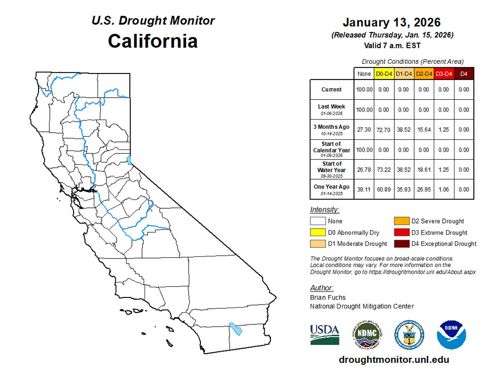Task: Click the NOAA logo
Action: point(451,334)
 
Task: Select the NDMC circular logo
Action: point(367,334)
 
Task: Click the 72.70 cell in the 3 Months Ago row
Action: point(384,130)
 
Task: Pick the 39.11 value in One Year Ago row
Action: point(364,190)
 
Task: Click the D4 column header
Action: point(463,74)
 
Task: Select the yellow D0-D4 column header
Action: point(384,74)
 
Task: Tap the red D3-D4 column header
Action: point(443,74)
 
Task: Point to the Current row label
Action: point(331,90)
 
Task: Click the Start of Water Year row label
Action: point(331,170)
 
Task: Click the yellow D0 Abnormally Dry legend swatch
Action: point(318,233)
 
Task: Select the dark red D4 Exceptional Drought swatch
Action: point(402,244)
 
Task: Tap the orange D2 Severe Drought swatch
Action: point(402,221)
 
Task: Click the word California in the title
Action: point(153,41)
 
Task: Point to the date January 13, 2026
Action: point(392,23)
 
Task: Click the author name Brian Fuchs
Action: point(327,297)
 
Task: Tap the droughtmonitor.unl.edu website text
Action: point(394,360)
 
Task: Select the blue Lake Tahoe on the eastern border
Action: point(129,161)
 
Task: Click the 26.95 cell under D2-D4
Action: point(424,190)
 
